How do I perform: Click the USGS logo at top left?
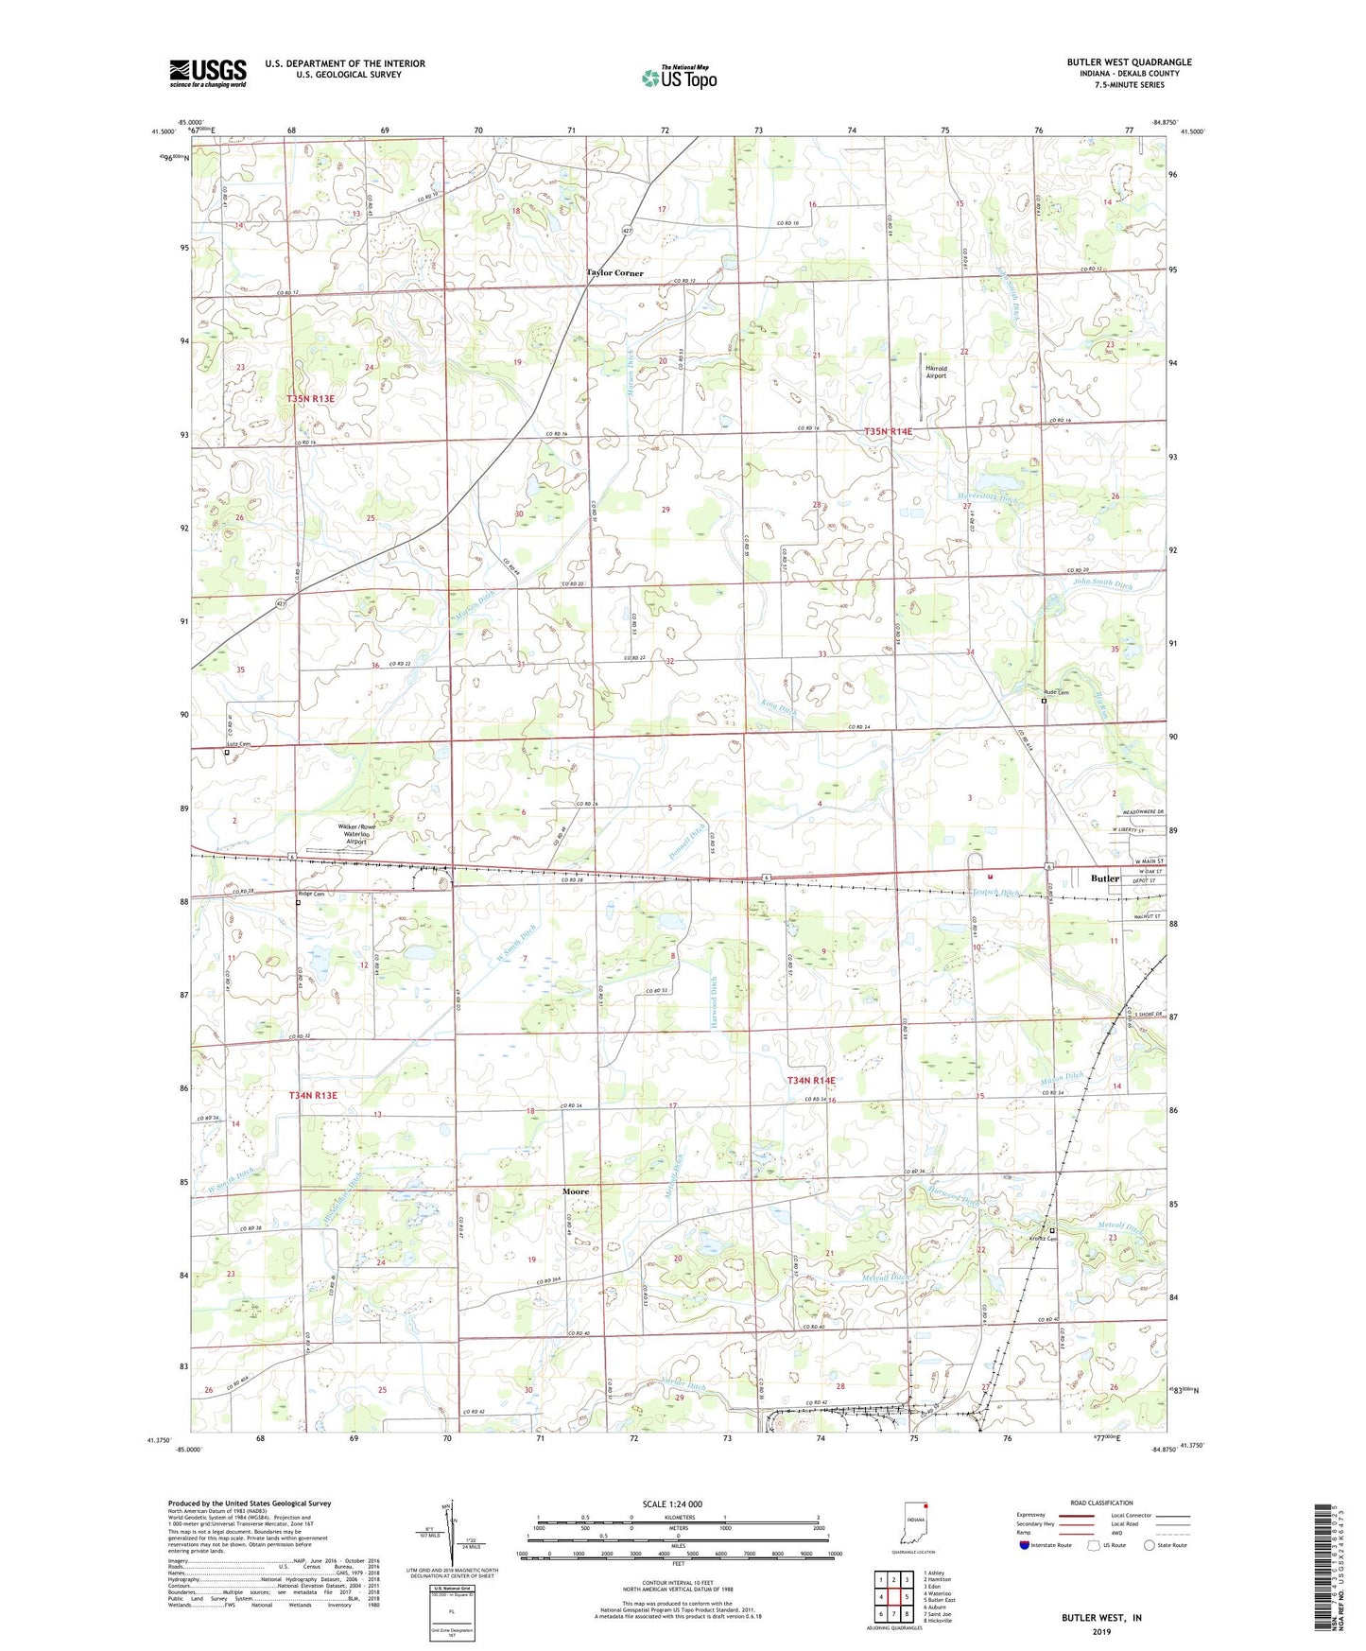208,72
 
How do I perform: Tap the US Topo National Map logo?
678,77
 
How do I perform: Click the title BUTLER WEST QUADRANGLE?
1129,62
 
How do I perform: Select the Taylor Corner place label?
614,273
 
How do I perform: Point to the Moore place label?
576,1191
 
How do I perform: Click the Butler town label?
1105,878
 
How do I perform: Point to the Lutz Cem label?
240,744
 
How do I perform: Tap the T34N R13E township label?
312,1095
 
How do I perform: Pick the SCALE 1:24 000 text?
671,1504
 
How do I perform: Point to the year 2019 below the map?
1100,1632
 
